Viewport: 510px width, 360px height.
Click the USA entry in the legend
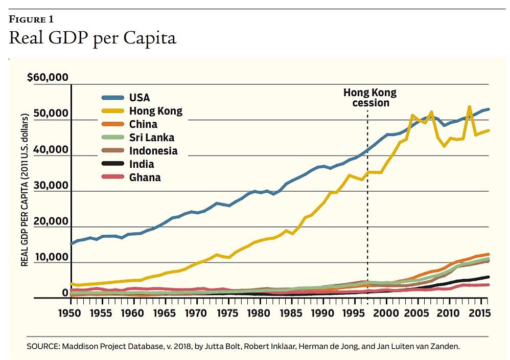click(140, 98)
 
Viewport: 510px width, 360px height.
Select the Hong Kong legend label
click(155, 111)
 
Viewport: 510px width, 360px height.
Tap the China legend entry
click(143, 124)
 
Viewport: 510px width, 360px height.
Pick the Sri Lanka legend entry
click(151, 138)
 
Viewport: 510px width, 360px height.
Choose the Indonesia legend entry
click(153, 151)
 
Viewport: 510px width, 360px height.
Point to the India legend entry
click(142, 164)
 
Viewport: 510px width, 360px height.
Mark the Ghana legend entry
click(145, 177)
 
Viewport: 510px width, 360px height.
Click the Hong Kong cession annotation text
click(369, 98)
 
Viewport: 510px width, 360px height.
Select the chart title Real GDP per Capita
click(92, 39)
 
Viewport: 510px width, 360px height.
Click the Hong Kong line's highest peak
click(469, 107)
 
